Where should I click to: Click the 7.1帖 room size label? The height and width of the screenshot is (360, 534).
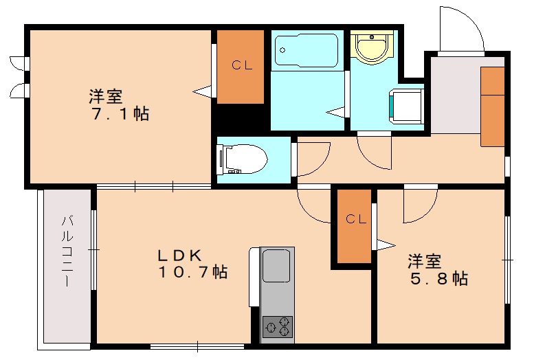click(x=120, y=114)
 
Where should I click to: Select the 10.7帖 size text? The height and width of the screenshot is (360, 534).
click(x=193, y=273)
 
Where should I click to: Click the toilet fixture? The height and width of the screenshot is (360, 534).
click(x=242, y=160)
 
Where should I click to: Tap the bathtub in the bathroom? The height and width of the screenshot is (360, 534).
click(x=306, y=49)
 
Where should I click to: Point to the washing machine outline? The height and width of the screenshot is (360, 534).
click(x=406, y=106)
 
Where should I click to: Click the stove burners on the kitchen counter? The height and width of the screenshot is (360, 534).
click(x=278, y=326)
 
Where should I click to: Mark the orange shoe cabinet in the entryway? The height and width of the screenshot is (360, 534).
click(x=492, y=106)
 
